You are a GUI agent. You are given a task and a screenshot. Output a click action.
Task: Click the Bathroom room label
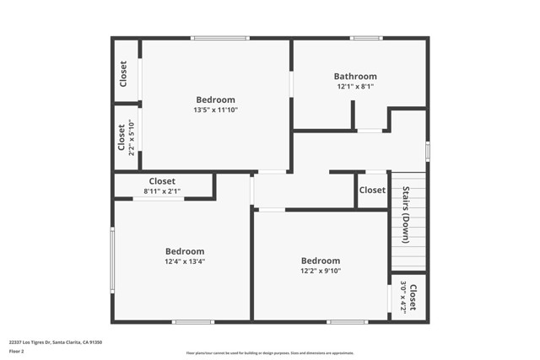[x=355, y=77]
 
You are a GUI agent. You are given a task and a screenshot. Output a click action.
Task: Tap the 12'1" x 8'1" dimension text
[x=355, y=87]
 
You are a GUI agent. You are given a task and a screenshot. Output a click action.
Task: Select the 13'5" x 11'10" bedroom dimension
[x=215, y=110]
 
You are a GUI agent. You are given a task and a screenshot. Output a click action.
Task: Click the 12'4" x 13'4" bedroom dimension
[x=184, y=261]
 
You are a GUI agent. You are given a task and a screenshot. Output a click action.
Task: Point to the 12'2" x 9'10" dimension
[x=321, y=271]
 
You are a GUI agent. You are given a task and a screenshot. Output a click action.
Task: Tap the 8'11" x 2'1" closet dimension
[x=162, y=191]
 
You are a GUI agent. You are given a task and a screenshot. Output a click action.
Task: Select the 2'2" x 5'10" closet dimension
[x=132, y=137]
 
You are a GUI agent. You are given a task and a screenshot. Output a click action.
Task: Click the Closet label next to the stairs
[x=372, y=191]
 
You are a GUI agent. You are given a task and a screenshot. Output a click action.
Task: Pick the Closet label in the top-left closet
[x=123, y=73]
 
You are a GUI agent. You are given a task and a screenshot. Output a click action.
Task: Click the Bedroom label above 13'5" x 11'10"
[x=215, y=99]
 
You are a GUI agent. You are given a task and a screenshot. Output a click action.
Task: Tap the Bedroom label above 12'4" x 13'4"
[x=184, y=251]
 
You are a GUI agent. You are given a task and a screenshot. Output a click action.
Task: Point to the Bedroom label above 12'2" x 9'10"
[x=321, y=261]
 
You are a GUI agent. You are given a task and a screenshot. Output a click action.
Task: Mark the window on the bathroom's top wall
[x=366, y=38]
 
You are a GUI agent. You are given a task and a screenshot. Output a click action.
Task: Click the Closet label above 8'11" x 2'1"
[x=162, y=181]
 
